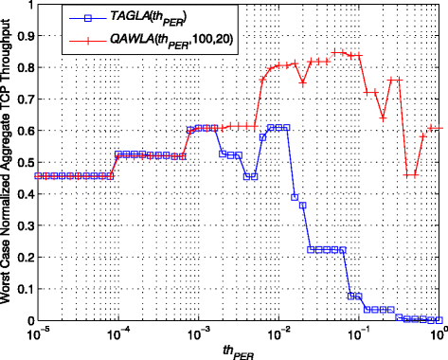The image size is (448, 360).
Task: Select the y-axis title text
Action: point(9,163)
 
